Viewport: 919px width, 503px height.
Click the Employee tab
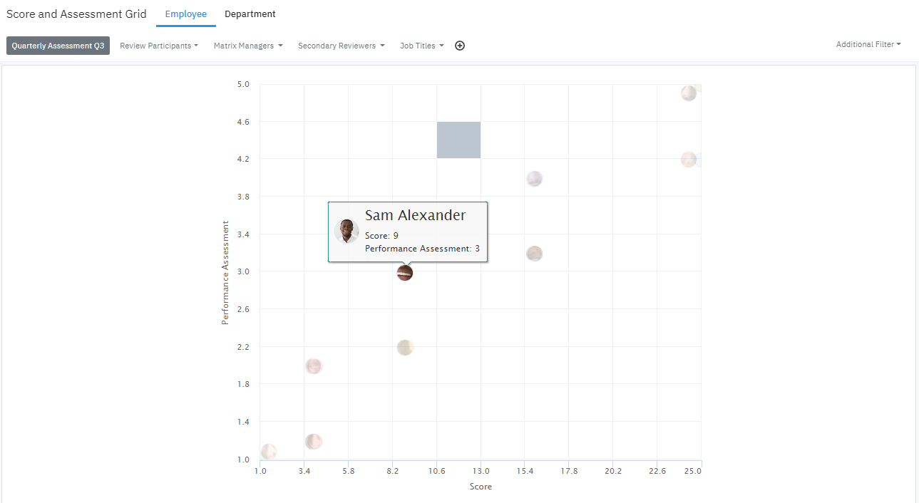click(x=186, y=14)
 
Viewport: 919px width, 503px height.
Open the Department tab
click(x=250, y=14)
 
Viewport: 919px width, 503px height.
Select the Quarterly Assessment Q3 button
click(x=58, y=46)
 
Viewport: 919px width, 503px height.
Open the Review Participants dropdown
click(x=159, y=46)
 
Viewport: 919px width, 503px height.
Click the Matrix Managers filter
click(x=248, y=46)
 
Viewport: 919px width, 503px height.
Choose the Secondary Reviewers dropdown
click(x=341, y=46)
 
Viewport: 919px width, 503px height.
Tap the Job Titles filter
click(x=421, y=46)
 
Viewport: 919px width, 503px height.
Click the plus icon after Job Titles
click(x=460, y=46)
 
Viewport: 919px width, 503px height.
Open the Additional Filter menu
click(x=868, y=44)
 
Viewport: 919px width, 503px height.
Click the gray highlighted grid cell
click(x=458, y=140)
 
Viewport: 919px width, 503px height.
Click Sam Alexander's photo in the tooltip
click(x=346, y=232)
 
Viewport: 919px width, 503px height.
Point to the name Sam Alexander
click(x=415, y=215)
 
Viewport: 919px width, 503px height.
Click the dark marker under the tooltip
click(x=405, y=273)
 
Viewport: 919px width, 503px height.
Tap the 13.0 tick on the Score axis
click(x=481, y=471)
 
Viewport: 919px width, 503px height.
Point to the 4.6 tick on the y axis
click(x=243, y=122)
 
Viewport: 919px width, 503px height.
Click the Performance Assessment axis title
click(x=225, y=273)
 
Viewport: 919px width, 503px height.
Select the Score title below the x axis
click(x=481, y=487)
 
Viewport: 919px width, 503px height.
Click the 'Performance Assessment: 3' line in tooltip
click(x=422, y=249)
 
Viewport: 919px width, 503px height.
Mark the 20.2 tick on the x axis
click(x=613, y=471)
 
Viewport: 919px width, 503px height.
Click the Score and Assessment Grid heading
click(x=76, y=14)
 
